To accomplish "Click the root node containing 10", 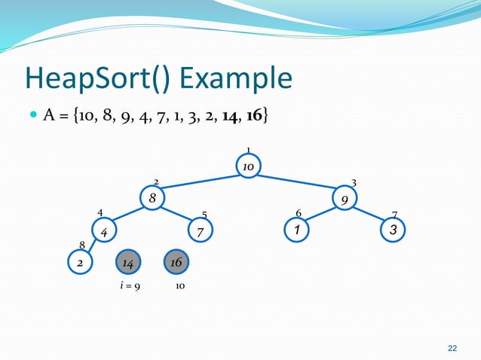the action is tap(247, 165).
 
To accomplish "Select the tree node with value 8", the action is tap(152, 198).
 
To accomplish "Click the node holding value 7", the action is tap(200, 232).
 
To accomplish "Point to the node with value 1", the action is tap(297, 230).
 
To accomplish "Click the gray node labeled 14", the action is tap(128, 263).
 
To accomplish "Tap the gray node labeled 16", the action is tap(177, 262).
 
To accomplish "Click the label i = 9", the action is tap(129, 287).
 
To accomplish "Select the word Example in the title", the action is tap(241, 78).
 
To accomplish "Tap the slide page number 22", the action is tap(452, 347).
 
